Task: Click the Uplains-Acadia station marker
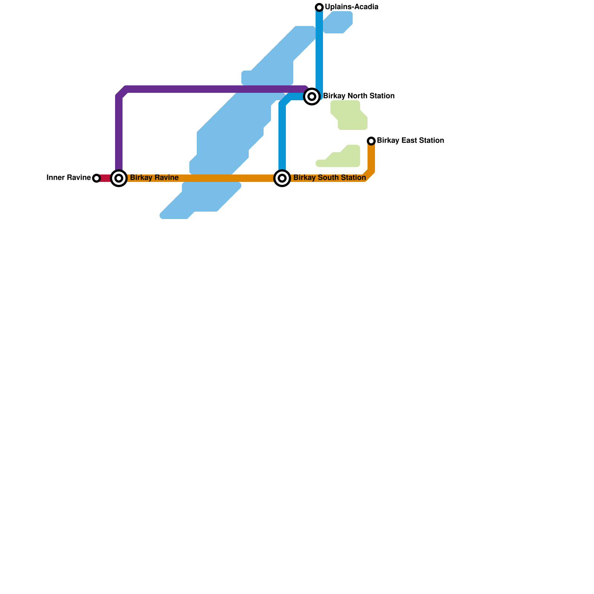(x=319, y=7)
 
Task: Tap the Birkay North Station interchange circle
(x=312, y=97)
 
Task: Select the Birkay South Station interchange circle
(x=282, y=178)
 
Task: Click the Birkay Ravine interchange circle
(x=119, y=178)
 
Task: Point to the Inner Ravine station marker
(x=97, y=178)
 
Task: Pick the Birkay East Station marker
(x=371, y=141)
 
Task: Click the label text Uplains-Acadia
(x=352, y=7)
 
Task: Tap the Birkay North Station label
(x=359, y=96)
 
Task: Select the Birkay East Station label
(x=410, y=141)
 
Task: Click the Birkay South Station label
(x=329, y=178)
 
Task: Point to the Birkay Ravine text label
(x=154, y=178)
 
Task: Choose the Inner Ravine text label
(x=69, y=178)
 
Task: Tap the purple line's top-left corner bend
(x=122, y=92)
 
